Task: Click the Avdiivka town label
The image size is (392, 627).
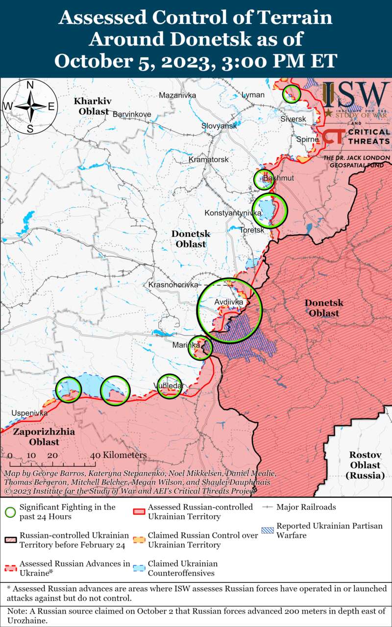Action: pyautogui.click(x=229, y=302)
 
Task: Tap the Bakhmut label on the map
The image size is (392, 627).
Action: pyautogui.click(x=278, y=178)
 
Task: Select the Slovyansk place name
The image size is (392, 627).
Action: pyautogui.click(x=219, y=126)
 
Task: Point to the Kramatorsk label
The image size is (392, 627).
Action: pyautogui.click(x=209, y=160)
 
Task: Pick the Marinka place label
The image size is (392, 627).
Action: pyautogui.click(x=186, y=345)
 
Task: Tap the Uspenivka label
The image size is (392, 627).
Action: pyautogui.click(x=29, y=413)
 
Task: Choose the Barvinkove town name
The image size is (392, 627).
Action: pyautogui.click(x=132, y=114)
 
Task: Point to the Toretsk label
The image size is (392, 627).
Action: pyautogui.click(x=252, y=229)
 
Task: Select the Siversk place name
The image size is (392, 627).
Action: pyautogui.click(x=293, y=119)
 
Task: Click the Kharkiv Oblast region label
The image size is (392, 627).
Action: pyautogui.click(x=93, y=106)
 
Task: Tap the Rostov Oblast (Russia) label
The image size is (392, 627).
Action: pyautogui.click(x=365, y=465)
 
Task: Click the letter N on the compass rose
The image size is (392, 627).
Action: pyautogui.click(x=30, y=85)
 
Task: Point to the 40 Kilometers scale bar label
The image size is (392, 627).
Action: pyautogui.click(x=119, y=455)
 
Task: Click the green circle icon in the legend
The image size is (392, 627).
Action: pyautogui.click(x=10, y=512)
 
